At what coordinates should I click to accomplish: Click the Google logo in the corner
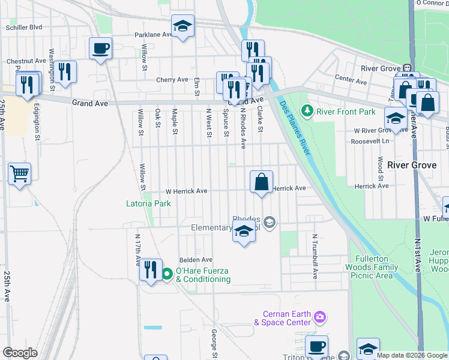20,353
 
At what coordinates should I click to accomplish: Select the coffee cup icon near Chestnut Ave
100,48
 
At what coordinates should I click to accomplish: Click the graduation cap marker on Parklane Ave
182,26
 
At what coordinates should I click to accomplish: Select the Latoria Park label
148,203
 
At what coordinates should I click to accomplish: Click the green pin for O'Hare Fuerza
167,275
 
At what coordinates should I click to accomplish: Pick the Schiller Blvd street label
23,27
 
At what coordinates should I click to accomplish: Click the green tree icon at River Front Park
307,111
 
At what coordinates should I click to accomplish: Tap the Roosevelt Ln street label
371,141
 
